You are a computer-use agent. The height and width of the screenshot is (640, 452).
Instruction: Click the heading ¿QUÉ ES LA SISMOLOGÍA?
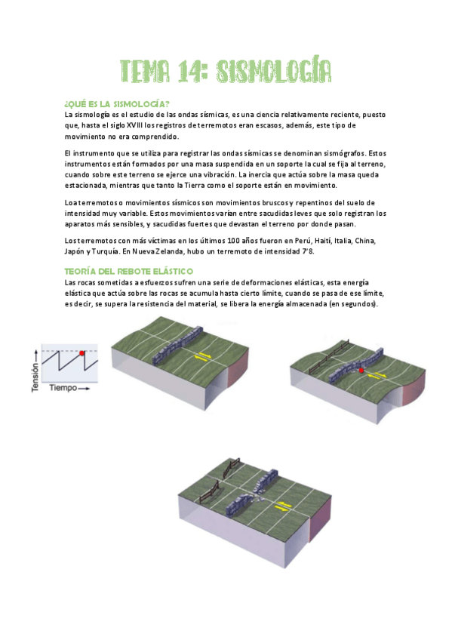tap(117, 103)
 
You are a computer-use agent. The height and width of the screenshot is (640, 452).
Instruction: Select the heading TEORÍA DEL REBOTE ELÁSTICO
tap(129, 270)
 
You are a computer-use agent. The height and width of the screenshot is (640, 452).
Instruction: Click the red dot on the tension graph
tap(82, 352)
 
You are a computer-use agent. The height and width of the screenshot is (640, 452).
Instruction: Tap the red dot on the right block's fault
tap(361, 371)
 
